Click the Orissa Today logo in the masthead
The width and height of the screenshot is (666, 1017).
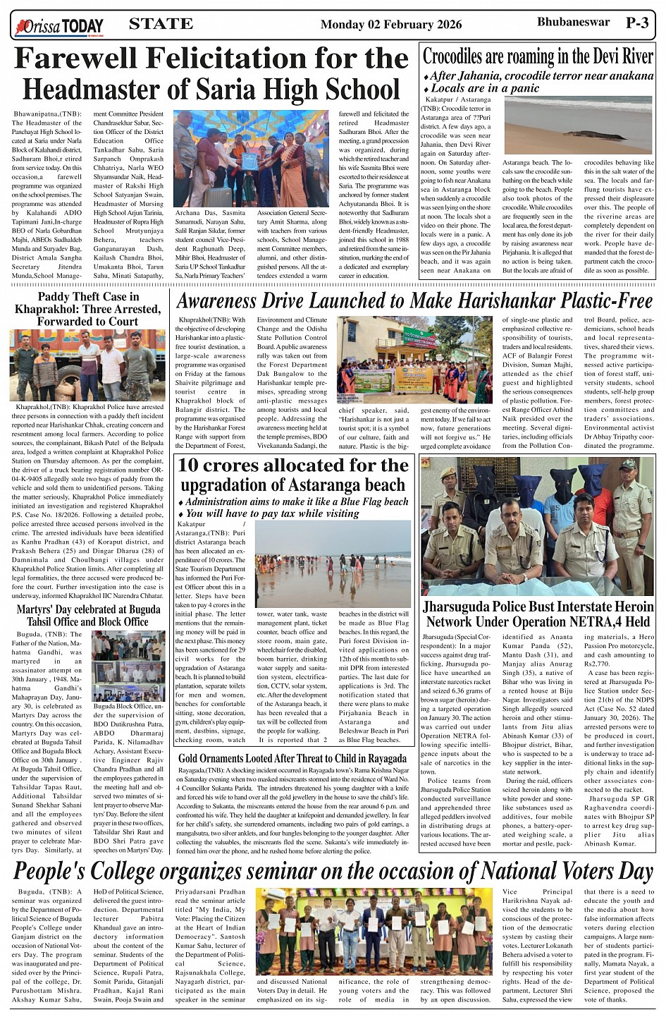(x=60, y=27)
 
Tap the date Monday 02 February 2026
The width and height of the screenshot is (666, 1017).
(x=391, y=25)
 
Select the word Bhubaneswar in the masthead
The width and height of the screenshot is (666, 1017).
(x=573, y=23)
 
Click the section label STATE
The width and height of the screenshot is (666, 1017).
(x=161, y=24)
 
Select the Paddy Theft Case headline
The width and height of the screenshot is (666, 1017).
(x=88, y=309)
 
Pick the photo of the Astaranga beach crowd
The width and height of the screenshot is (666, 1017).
(x=333, y=564)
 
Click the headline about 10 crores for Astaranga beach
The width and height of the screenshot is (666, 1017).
(x=293, y=475)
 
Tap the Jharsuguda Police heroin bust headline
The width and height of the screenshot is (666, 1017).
(x=538, y=614)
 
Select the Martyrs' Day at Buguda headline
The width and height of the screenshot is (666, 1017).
(x=88, y=615)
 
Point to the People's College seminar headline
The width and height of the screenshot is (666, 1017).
(x=333, y=872)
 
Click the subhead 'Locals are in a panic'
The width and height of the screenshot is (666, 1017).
(x=485, y=88)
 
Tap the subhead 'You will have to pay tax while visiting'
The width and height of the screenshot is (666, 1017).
(x=272, y=513)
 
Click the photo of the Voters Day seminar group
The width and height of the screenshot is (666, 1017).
(x=377, y=931)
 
